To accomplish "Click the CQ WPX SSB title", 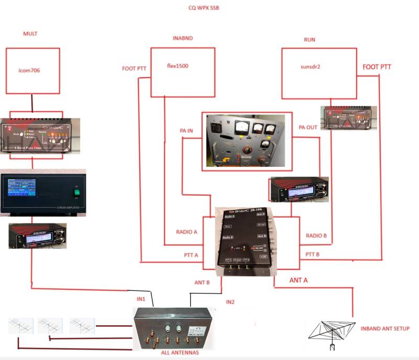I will click(204, 8).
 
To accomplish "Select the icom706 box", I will click(32, 71).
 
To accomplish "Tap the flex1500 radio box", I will click(182, 72).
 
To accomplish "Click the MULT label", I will click(30, 34).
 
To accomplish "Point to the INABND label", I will click(183, 39).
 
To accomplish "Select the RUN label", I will click(310, 40).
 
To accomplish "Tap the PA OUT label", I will click(308, 127).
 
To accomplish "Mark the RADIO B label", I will click(316, 235).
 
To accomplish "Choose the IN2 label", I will click(231, 302).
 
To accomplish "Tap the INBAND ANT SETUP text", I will click(384, 329).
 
